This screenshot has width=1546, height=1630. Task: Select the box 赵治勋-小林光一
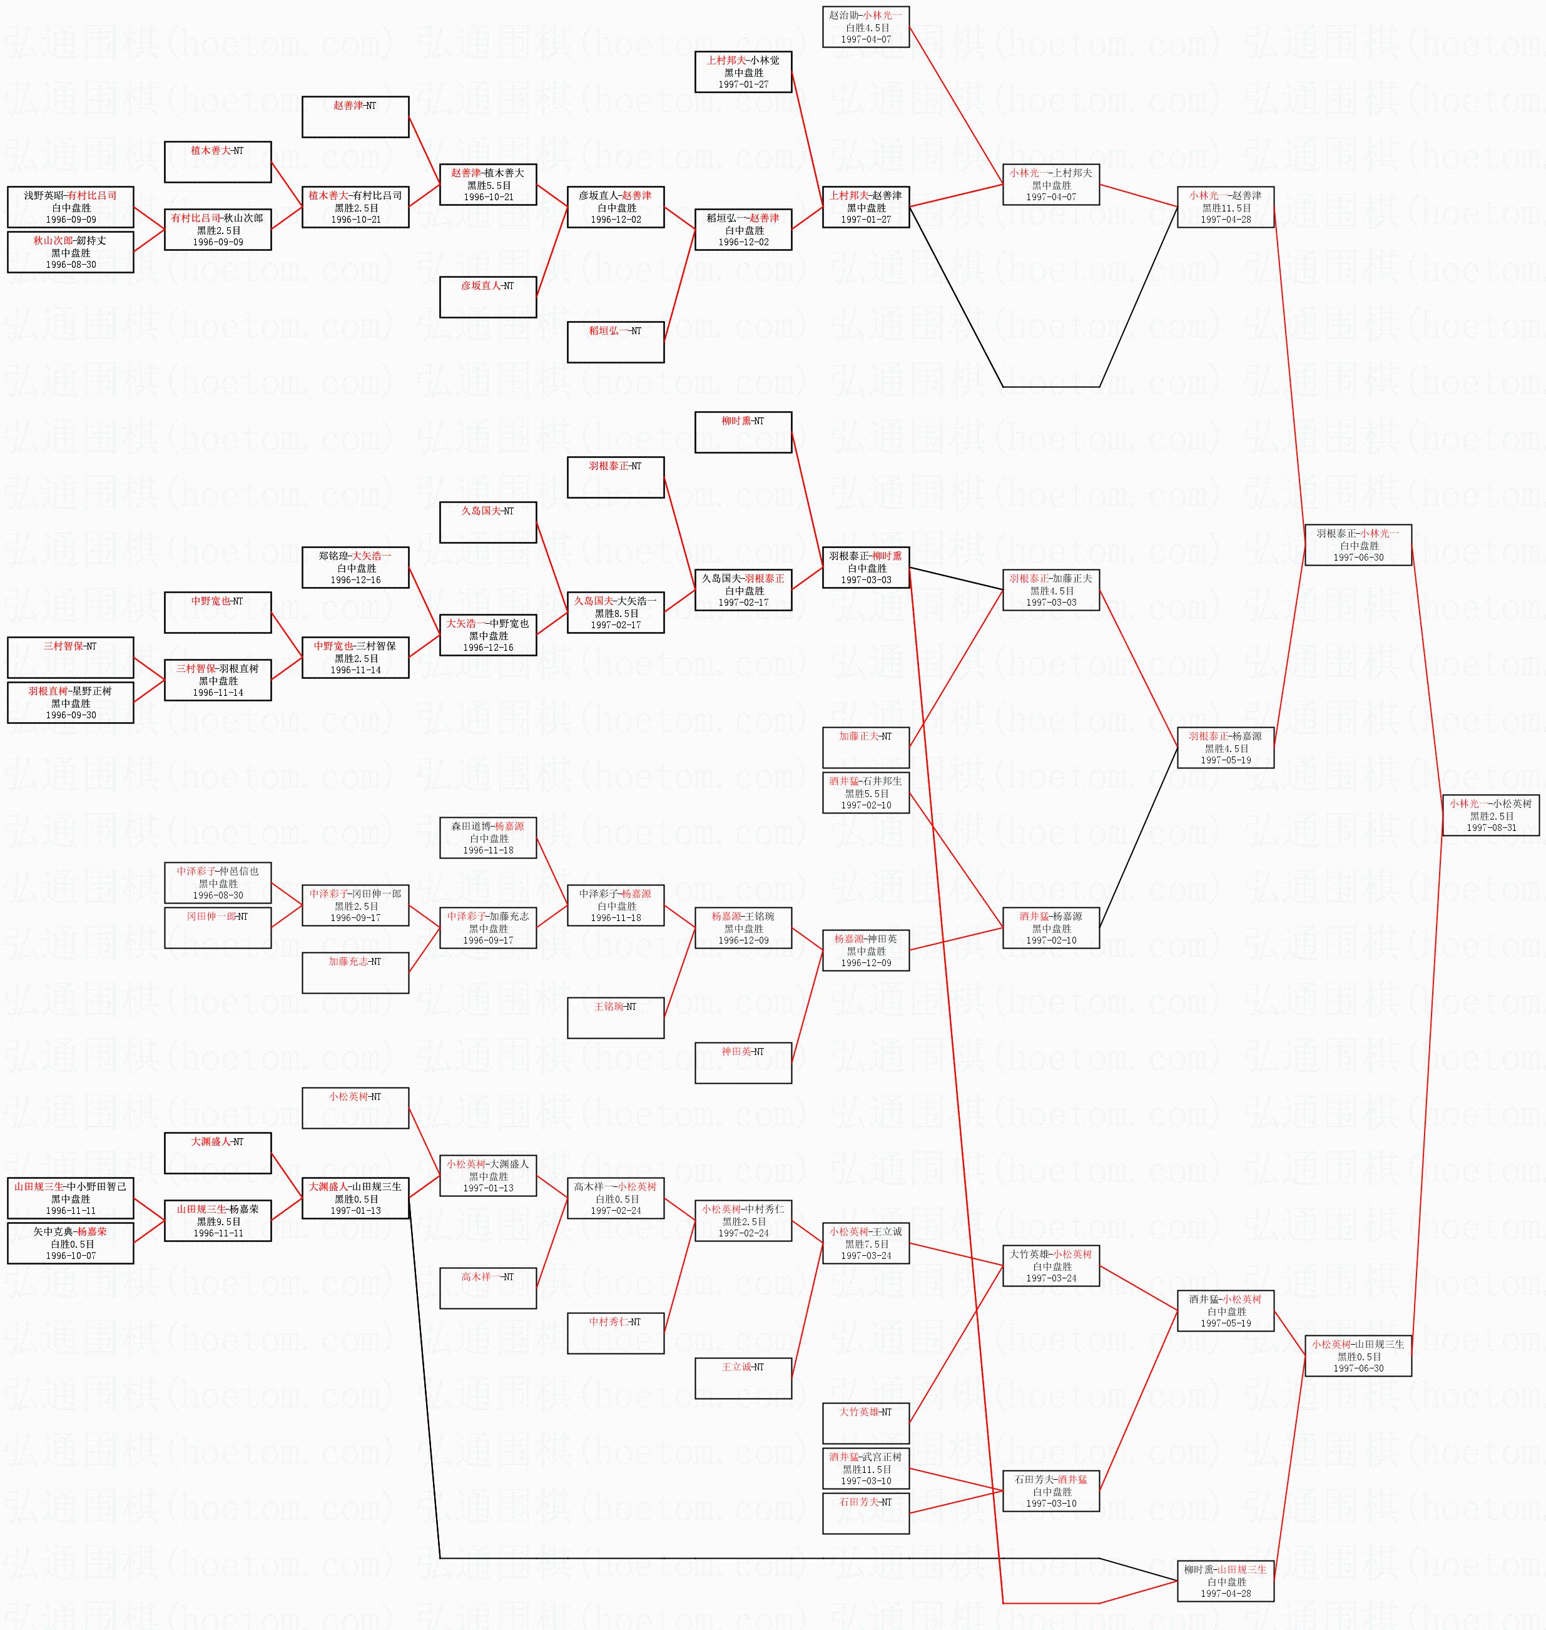tap(865, 27)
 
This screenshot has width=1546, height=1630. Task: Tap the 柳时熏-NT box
tap(743, 432)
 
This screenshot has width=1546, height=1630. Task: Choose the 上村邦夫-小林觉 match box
tap(743, 73)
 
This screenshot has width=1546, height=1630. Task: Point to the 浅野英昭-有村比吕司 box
tap(70, 208)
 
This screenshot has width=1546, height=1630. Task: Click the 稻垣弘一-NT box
tap(615, 342)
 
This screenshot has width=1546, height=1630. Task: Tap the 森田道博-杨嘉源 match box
tap(488, 837)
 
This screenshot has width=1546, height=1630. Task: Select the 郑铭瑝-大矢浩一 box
tap(355, 568)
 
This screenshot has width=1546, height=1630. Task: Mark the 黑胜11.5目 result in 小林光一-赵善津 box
tap(1226, 208)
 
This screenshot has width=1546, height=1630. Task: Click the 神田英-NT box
tap(743, 1062)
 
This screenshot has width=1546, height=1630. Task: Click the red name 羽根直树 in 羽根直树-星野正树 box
tap(48, 691)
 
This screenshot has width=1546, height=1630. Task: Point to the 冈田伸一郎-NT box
tap(218, 927)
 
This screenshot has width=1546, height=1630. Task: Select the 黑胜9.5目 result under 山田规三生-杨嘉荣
tap(218, 1222)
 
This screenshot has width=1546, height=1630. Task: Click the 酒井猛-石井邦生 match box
tap(865, 793)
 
